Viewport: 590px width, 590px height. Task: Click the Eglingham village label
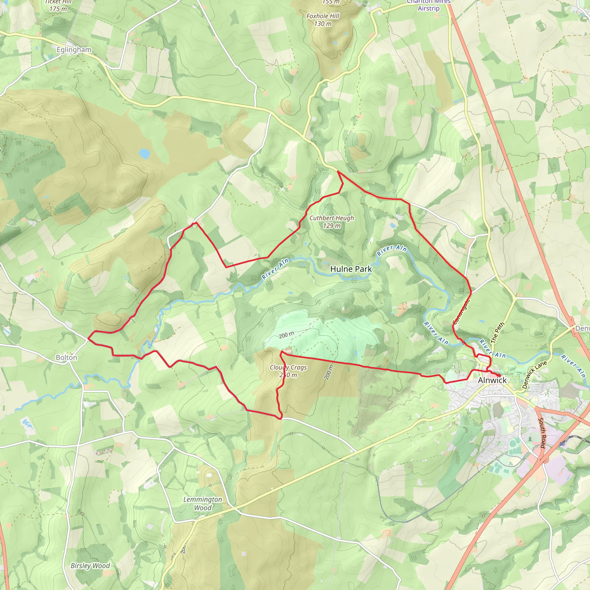(x=74, y=50)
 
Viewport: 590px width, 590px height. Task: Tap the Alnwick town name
(x=492, y=380)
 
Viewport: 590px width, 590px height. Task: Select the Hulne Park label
(x=351, y=269)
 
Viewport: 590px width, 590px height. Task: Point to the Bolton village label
(x=67, y=357)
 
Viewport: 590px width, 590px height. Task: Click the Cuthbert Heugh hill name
(x=332, y=218)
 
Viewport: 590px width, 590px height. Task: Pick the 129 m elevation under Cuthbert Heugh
(x=332, y=226)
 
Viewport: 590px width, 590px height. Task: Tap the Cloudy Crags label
(x=288, y=367)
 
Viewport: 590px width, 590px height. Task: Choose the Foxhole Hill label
(x=323, y=16)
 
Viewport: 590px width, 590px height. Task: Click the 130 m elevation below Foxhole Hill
(x=323, y=24)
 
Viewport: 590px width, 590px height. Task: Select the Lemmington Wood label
(x=203, y=504)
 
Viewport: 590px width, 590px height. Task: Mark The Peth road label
(x=497, y=332)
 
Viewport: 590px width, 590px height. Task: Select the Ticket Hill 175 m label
(x=58, y=5)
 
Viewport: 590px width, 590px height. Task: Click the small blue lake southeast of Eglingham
(x=144, y=153)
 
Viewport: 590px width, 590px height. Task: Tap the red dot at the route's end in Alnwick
(x=499, y=375)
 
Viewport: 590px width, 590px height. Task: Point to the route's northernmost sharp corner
(x=338, y=172)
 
